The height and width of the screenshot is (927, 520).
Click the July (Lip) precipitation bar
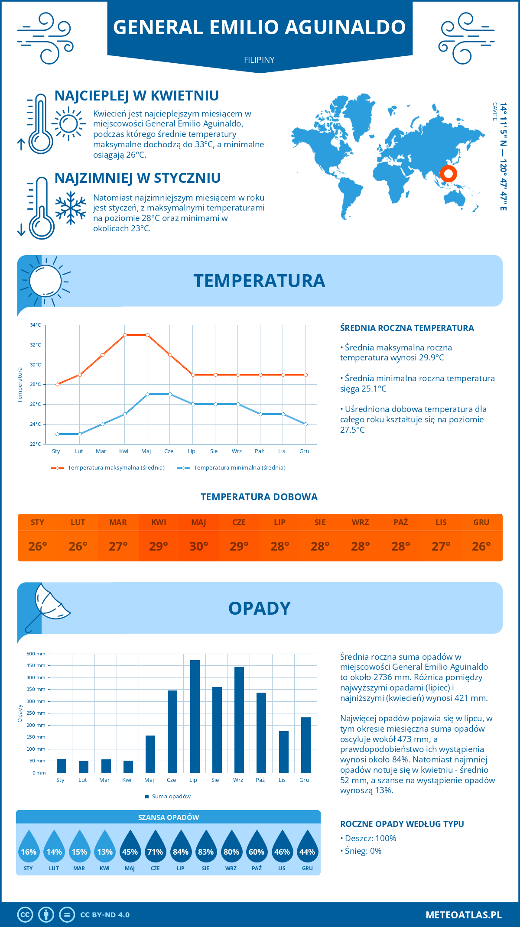tap(195, 716)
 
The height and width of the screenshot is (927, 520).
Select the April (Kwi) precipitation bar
tap(128, 767)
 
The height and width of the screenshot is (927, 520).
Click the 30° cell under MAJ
tap(199, 546)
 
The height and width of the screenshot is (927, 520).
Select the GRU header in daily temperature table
tap(481, 522)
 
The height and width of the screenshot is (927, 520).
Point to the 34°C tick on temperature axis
tap(36, 325)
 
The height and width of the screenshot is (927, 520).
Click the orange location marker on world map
tap(448, 174)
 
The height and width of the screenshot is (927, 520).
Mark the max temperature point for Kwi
tap(125, 335)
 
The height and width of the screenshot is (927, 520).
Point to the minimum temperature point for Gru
tap(305, 424)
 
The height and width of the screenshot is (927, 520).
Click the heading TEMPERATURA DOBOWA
tap(259, 497)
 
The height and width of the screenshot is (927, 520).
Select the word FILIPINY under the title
tap(259, 60)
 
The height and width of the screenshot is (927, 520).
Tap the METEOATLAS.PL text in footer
tap(463, 915)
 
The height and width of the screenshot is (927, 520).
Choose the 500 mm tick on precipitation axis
tap(36, 654)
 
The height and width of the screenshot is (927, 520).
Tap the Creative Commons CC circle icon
tap(25, 915)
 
